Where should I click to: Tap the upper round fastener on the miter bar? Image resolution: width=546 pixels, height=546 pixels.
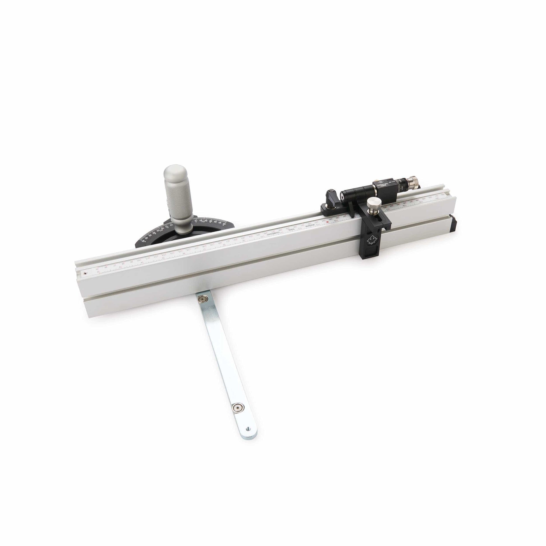tap(202, 299)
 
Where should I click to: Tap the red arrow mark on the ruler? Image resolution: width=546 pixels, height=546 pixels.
tap(327, 222)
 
